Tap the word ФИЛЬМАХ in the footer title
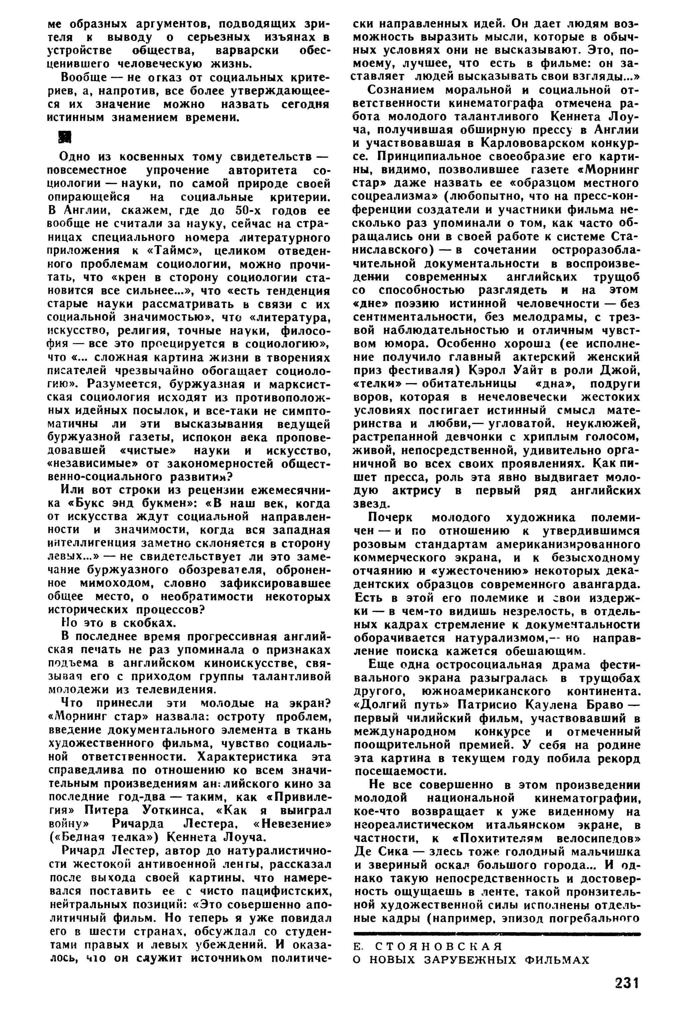click(x=557, y=959)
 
